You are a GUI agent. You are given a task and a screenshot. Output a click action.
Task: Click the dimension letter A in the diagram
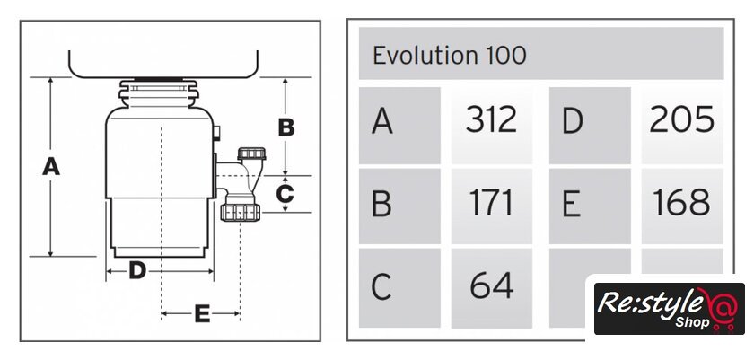tap(51, 166)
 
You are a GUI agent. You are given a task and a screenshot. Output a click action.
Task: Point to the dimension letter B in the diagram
tap(286, 127)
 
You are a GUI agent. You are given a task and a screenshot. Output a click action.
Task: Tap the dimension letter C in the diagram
tap(285, 194)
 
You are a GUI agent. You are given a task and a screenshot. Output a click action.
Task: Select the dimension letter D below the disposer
tap(137, 271)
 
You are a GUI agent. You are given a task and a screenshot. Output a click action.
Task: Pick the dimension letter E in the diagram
tap(202, 314)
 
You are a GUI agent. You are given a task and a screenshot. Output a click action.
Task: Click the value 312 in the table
tap(491, 119)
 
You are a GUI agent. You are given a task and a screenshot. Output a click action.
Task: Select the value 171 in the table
tap(491, 203)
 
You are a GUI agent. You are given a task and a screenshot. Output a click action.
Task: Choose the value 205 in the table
tap(681, 119)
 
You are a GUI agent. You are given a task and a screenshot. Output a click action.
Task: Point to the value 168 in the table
tap(681, 202)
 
